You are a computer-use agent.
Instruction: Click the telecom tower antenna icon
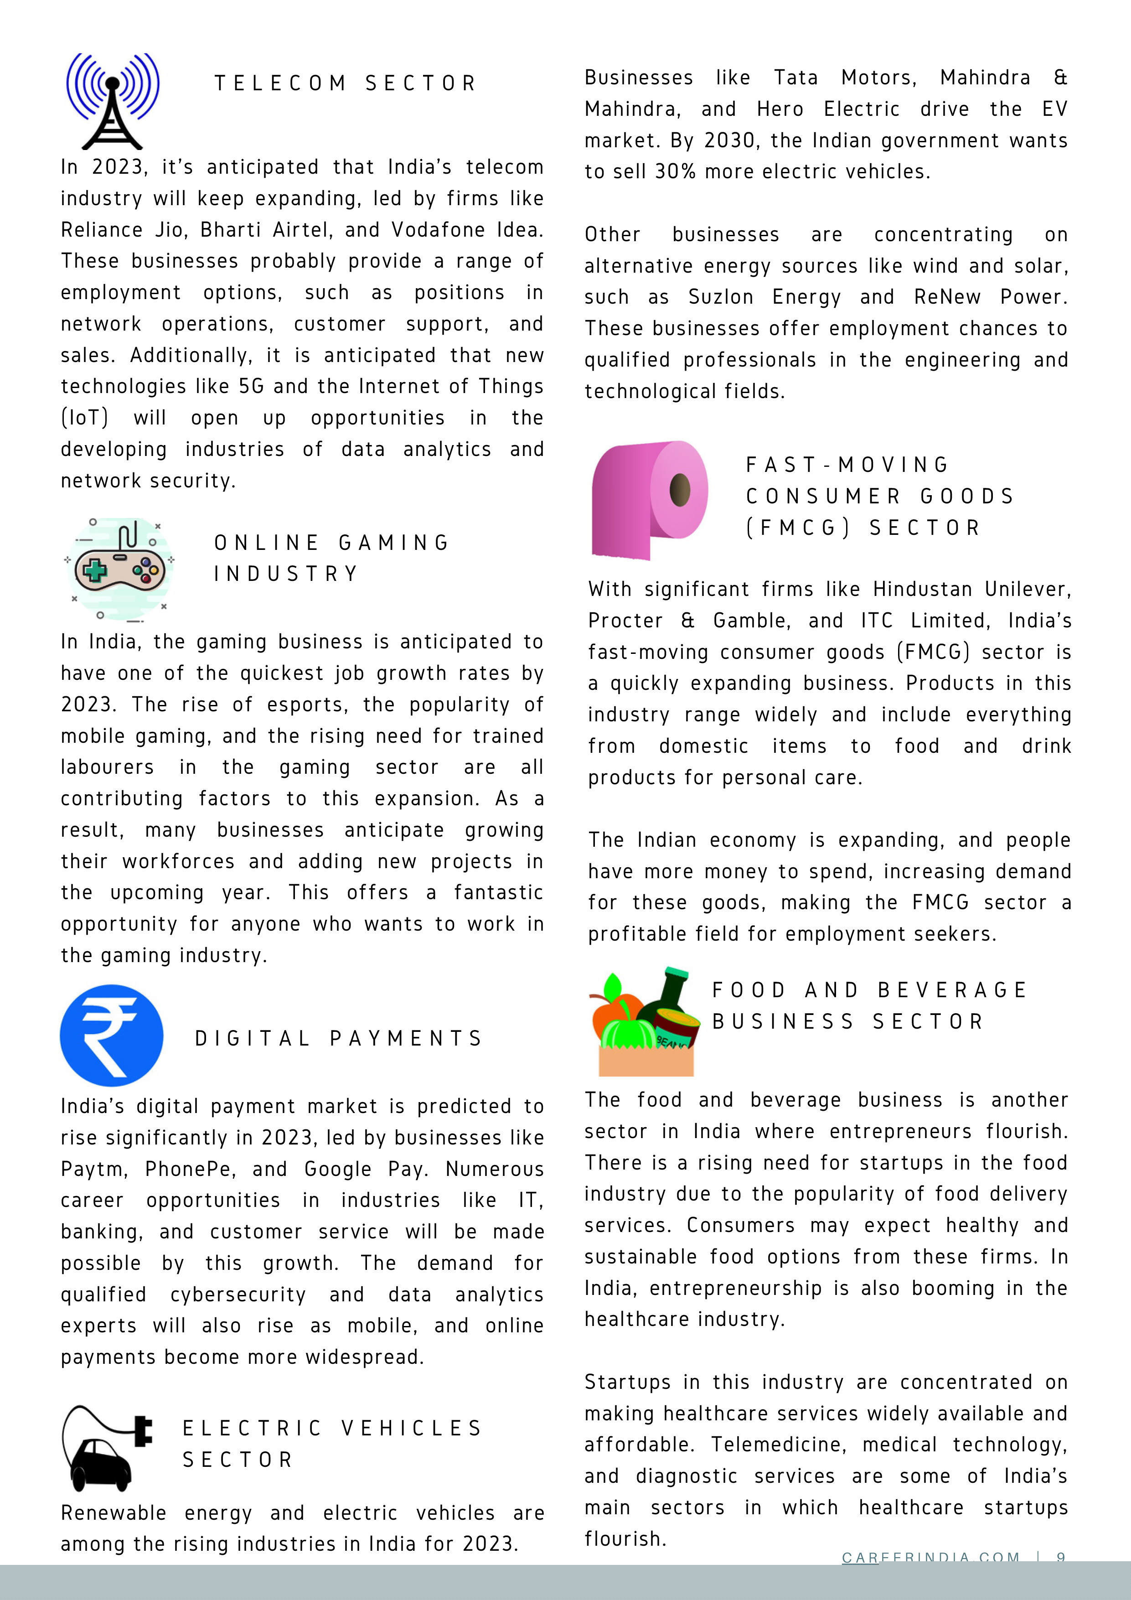tap(112, 101)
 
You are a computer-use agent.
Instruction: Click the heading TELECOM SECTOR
tap(345, 83)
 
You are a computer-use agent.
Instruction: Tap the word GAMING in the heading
tap(394, 543)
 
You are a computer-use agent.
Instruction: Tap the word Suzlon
tap(721, 298)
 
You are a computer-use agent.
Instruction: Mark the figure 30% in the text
tap(675, 171)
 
